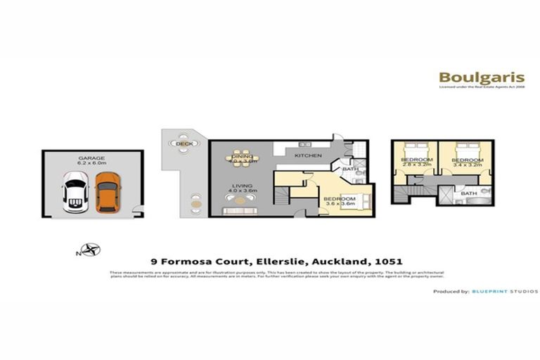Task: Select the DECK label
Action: (x=184, y=144)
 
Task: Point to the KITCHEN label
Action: (x=308, y=155)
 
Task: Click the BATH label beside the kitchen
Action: (x=349, y=169)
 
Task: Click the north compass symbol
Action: (x=90, y=247)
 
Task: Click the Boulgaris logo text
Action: (x=469, y=77)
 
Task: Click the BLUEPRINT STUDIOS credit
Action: (x=505, y=291)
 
